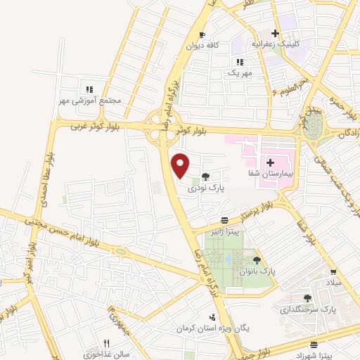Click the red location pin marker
[x=181, y=165]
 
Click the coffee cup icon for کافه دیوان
[x=202, y=34]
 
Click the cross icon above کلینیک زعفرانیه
[x=275, y=34]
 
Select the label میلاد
[x=332, y=282]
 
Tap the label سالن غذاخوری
[x=107, y=354]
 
